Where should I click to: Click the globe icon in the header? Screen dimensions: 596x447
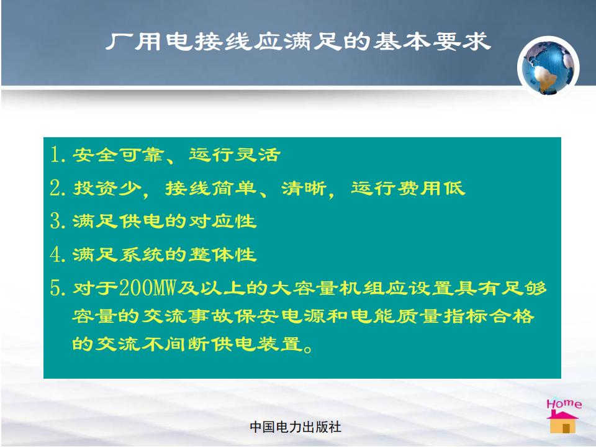pos(548,68)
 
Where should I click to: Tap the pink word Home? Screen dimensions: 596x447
pos(564,404)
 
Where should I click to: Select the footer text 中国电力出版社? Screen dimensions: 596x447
pos(296,427)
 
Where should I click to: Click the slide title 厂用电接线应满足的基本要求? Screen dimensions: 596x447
pos(299,42)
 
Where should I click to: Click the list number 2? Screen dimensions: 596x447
pos(56,187)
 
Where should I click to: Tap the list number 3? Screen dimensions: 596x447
pos(56,221)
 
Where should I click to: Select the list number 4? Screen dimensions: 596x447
pos(56,255)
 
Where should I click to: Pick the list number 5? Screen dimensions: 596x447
pos(56,287)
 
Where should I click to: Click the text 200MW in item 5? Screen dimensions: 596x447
pos(148,287)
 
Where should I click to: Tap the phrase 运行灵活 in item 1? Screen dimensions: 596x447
pos(235,155)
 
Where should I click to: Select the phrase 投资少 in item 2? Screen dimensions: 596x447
pos(107,188)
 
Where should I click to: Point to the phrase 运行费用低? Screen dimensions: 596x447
pos(408,188)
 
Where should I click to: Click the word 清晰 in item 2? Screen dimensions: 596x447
pos(304,188)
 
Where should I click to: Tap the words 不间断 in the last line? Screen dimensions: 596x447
pos(176,344)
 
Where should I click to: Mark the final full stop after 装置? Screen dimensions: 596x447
pos(309,348)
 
